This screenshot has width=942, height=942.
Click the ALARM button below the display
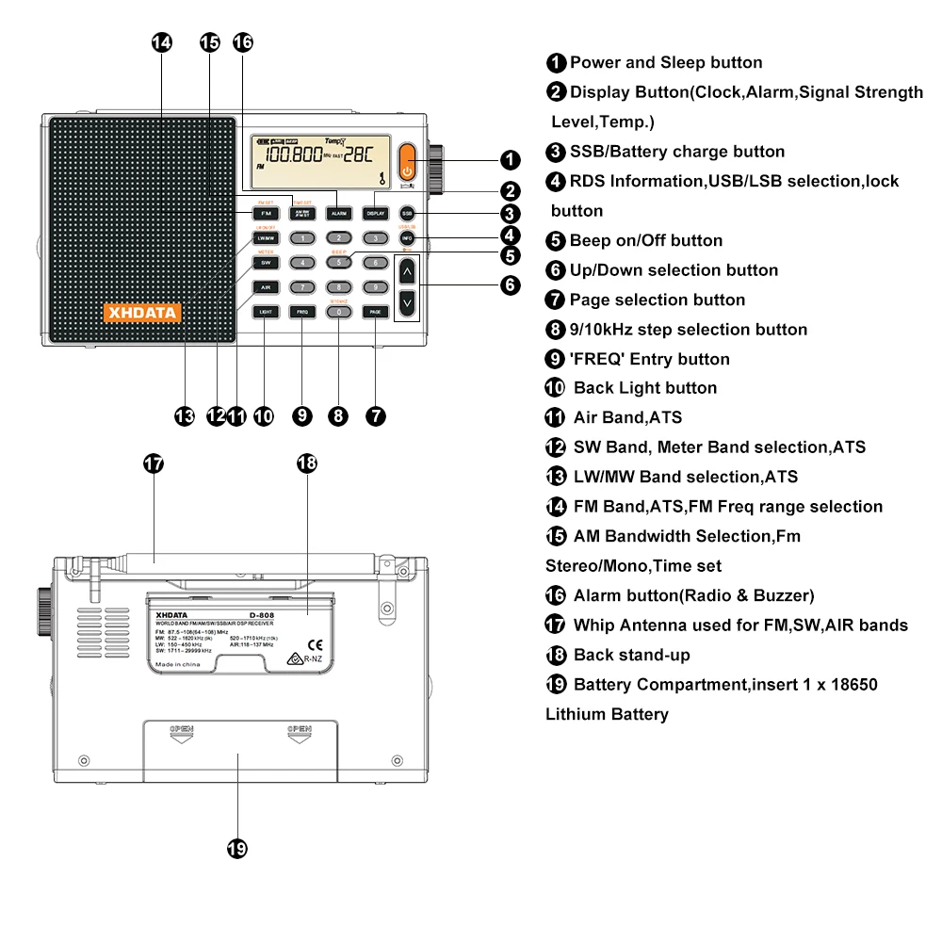tap(338, 214)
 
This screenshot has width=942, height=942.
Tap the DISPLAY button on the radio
tap(375, 214)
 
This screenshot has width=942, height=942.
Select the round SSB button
tap(407, 214)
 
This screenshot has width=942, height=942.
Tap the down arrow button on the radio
tap(406, 303)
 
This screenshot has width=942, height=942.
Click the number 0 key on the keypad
tap(338, 312)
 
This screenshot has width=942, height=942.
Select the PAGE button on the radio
tap(375, 312)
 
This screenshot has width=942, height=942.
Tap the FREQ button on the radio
tap(301, 312)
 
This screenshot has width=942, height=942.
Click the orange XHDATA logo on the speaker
tap(141, 312)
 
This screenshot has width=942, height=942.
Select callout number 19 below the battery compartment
tap(237, 849)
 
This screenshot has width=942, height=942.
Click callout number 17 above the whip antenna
tap(154, 463)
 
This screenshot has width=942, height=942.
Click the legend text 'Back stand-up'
tap(631, 655)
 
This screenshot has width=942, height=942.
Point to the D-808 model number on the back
tap(250, 612)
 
